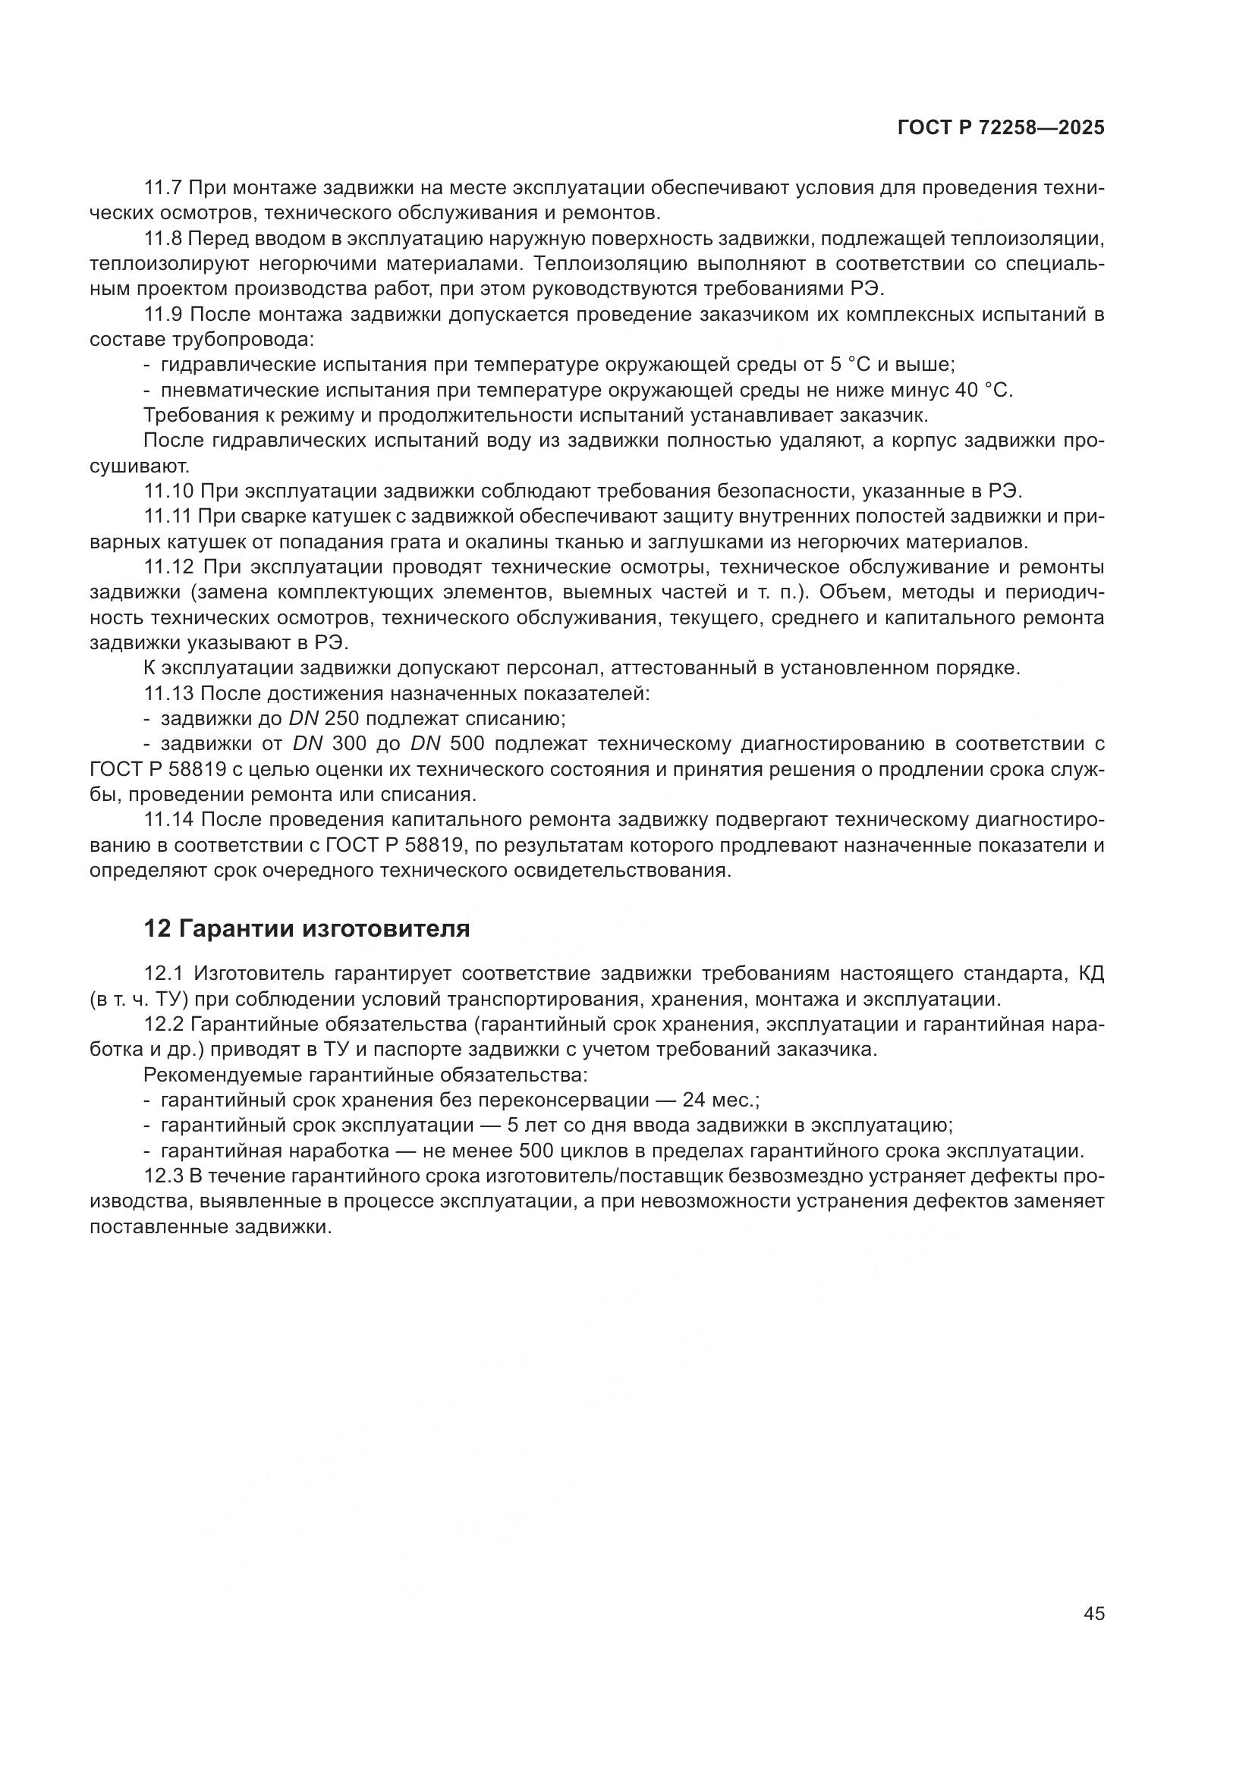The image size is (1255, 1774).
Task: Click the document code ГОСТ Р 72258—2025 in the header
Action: tap(1001, 128)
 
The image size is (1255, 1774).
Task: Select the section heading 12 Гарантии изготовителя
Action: tap(307, 928)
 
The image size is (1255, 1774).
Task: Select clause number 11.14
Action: tap(168, 820)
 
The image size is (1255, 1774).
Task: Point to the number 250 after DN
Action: tap(341, 718)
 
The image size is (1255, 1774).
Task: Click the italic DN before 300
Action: tap(307, 744)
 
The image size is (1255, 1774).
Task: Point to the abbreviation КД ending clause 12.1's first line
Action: tap(1090, 974)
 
